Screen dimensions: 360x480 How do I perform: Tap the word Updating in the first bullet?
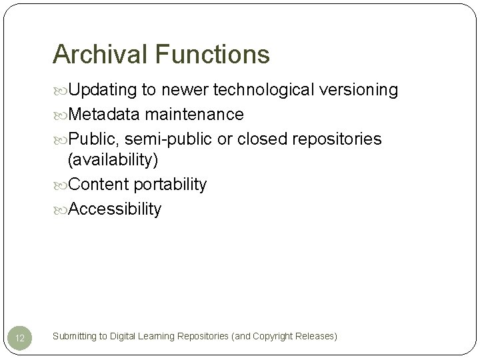[103, 90]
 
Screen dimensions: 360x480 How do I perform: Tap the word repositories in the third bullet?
[339, 139]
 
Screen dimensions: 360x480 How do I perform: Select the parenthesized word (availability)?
[113, 161]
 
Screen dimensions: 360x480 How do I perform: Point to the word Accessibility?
[115, 209]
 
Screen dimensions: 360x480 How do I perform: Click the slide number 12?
[20, 338]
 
